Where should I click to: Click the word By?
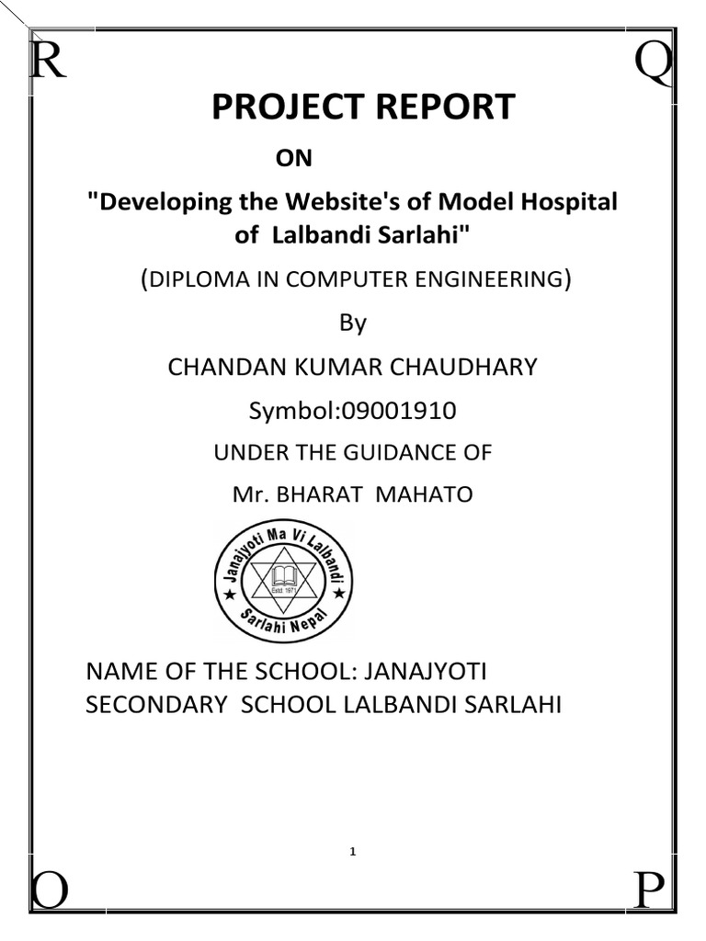coord(353,323)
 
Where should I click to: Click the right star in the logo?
coord(339,594)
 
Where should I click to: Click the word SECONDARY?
coord(152,705)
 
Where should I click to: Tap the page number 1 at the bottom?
coord(352,853)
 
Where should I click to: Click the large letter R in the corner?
coord(48,62)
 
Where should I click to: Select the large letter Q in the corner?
coord(654,64)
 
